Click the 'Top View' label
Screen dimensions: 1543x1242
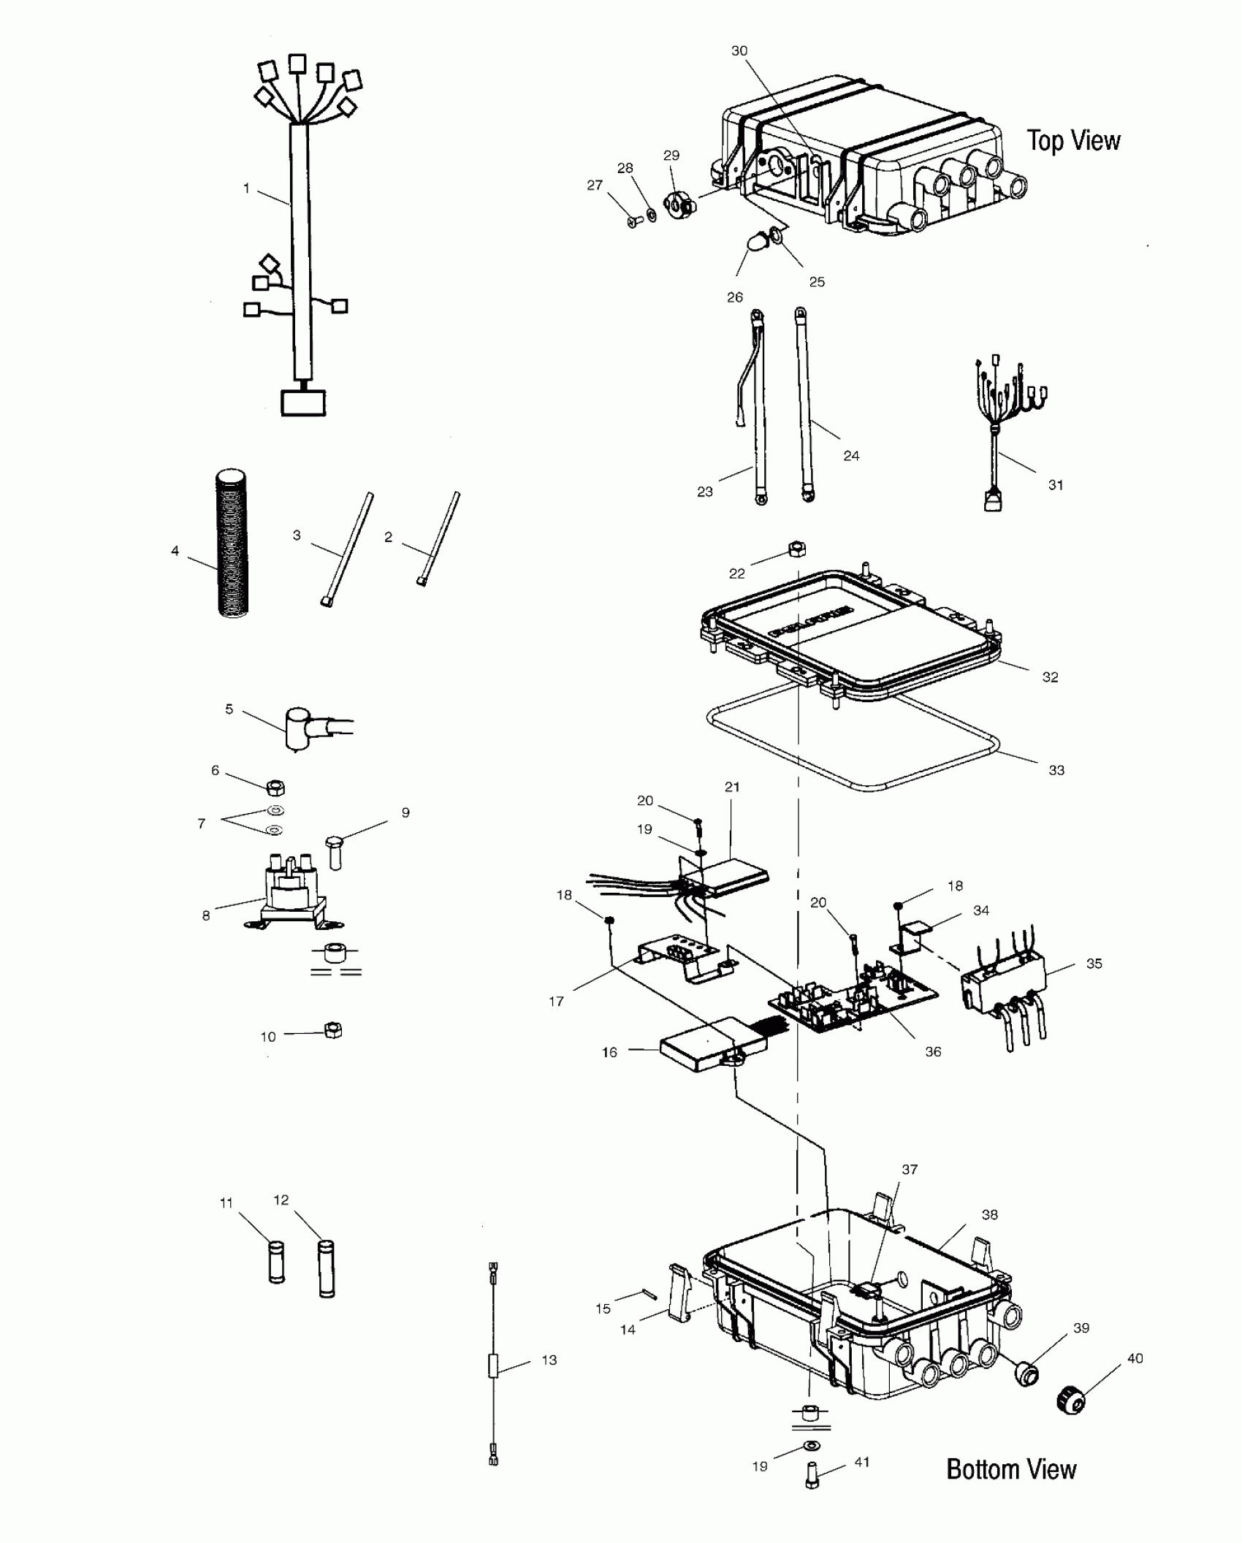1073,140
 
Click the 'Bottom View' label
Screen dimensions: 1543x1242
1011,1468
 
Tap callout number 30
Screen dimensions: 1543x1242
739,51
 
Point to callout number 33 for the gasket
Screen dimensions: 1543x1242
1056,770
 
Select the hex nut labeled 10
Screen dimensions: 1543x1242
332,1031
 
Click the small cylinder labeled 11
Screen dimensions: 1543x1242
276,1262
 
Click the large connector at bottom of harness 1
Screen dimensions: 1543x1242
303,403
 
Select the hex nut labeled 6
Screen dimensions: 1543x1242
275,788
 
